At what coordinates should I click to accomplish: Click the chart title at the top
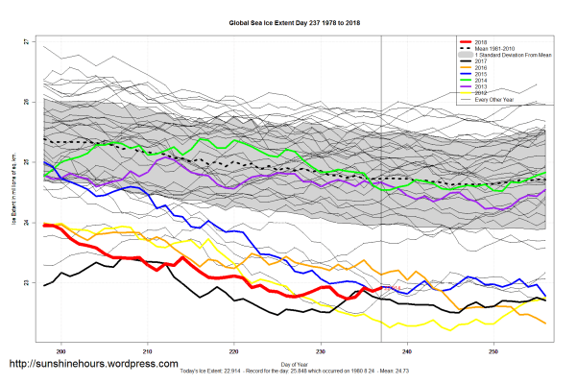[x=287, y=20]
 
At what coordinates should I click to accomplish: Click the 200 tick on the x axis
[x=62, y=351]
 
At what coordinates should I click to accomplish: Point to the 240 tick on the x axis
[x=407, y=351]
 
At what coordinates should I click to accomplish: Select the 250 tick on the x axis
[x=493, y=351]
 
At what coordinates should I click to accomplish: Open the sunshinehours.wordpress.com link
[x=93, y=365]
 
